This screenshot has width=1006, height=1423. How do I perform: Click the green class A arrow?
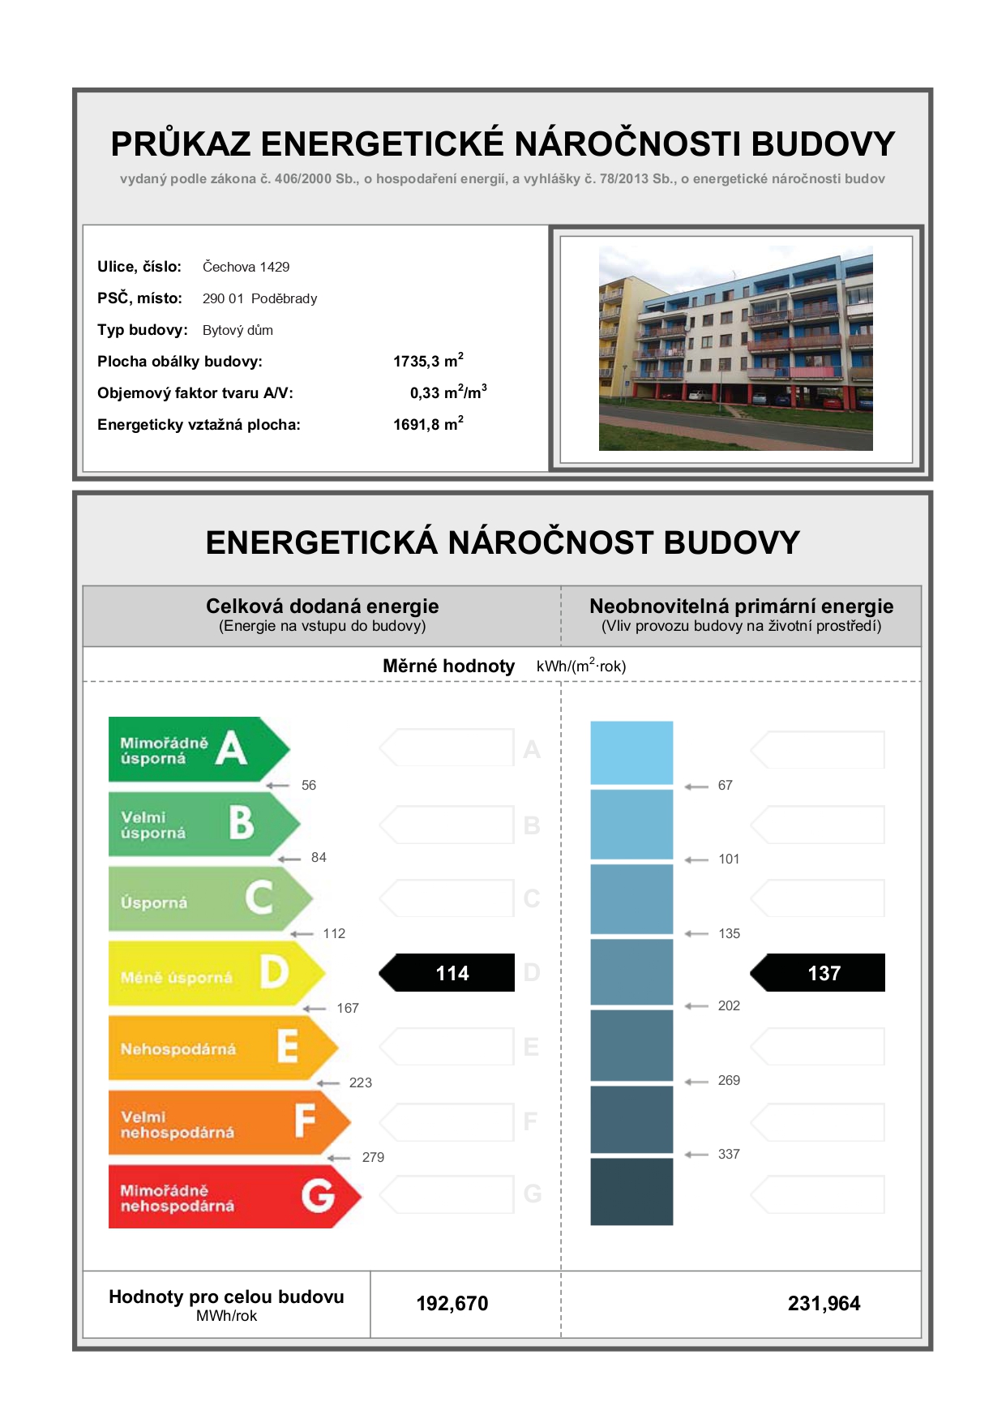[199, 749]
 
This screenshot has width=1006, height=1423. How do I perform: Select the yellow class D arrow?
[216, 973]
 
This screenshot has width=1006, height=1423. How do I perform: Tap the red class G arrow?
[234, 1197]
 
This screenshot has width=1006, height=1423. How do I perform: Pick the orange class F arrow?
[229, 1122]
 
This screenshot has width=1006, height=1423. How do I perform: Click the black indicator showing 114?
[447, 973]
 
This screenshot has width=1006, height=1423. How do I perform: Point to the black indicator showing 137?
[817, 973]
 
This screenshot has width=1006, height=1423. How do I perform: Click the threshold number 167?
[348, 1008]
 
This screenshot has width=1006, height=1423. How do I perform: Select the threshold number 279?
[373, 1157]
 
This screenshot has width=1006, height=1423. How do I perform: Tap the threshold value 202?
[729, 1005]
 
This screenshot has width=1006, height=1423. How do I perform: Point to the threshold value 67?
[725, 785]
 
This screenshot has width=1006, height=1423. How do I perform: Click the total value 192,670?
[452, 1304]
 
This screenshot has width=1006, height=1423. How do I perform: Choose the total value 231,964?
[824, 1304]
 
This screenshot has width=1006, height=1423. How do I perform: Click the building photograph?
[736, 349]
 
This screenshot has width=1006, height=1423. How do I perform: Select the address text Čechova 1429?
[246, 267]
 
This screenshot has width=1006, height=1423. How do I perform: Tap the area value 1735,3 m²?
[428, 361]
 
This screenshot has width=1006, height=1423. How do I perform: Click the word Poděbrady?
[284, 298]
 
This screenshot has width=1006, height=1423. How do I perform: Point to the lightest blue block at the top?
[631, 752]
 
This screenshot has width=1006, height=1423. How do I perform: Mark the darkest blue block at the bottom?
[631, 1191]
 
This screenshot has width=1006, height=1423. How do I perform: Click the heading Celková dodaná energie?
[322, 606]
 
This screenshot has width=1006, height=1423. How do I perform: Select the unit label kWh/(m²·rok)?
[581, 666]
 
